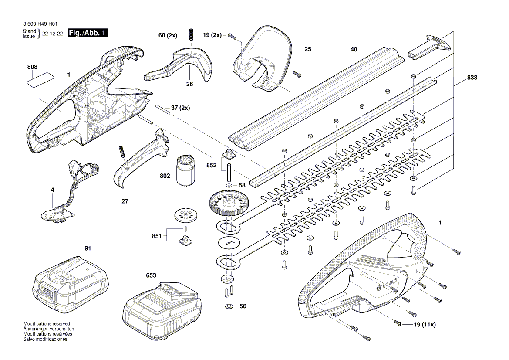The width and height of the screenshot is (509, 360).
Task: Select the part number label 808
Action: pos(32,67)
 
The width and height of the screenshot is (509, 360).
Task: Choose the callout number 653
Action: pos(151,275)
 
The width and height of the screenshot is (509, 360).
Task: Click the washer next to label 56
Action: pos(229,306)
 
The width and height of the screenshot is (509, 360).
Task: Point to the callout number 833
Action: pos(472,78)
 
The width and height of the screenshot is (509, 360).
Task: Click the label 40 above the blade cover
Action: pos(354,50)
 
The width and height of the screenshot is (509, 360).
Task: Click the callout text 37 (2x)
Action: pos(180,108)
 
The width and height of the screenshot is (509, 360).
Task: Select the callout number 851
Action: pos(157,236)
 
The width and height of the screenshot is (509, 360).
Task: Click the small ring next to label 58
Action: pos(229,186)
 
